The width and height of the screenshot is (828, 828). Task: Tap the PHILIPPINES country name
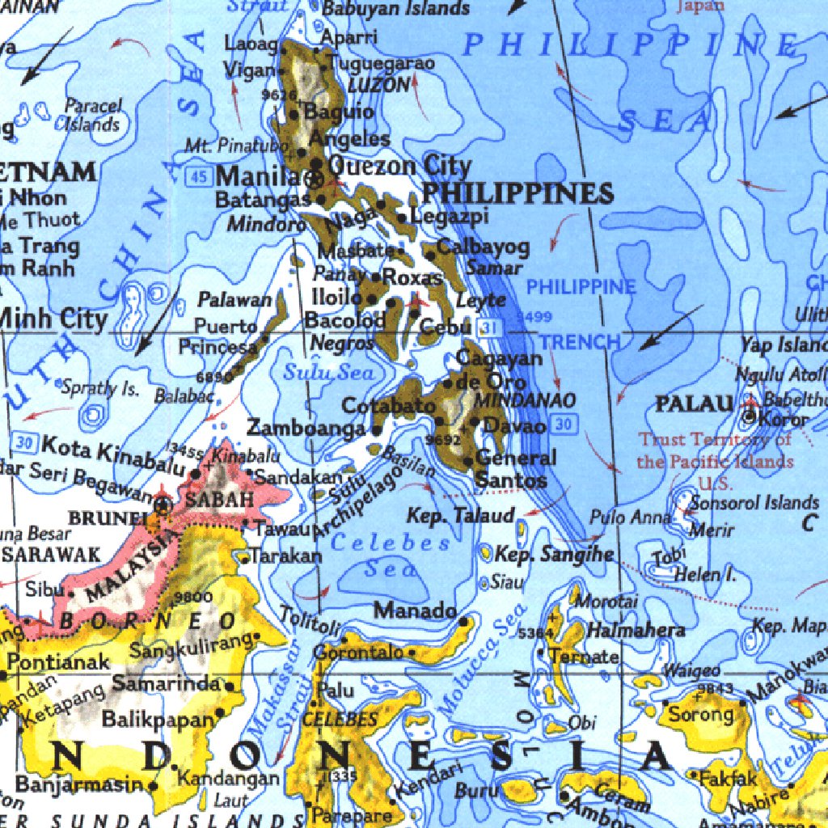517,193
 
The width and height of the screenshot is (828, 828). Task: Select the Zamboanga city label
306,428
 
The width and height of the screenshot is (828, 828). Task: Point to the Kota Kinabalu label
113,454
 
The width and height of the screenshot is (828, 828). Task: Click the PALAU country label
694,403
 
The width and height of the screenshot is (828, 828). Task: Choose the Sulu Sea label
328,373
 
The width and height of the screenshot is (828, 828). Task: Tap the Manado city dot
463,622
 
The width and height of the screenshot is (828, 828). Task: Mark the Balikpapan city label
158,718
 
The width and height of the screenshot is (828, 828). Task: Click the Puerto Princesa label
222,336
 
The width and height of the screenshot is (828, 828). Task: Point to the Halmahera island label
636,629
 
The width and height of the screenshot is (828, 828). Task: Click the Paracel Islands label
93,115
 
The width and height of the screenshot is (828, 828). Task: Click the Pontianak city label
58,662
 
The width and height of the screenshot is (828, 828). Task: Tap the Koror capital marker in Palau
750,417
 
